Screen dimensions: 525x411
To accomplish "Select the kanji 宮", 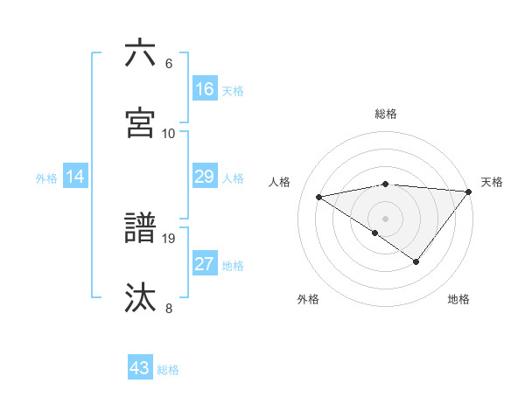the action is click(140, 122).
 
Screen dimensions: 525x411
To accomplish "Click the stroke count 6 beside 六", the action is click(169, 64).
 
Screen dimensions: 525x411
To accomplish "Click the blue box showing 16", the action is click(205, 88).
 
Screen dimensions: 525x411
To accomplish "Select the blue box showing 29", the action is click(205, 177).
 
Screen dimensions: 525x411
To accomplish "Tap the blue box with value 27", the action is click(205, 264).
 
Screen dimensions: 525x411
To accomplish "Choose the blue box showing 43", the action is click(140, 368).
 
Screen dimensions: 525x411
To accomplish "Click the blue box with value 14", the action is click(75, 177).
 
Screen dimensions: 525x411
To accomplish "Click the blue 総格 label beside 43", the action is click(168, 370).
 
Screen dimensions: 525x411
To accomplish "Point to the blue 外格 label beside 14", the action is click(46, 178).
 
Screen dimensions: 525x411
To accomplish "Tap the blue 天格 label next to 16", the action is click(233, 91).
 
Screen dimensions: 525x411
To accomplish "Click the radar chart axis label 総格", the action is click(386, 114).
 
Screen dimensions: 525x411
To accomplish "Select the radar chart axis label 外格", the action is click(308, 300).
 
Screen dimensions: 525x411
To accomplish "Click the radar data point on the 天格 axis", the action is click(470, 192).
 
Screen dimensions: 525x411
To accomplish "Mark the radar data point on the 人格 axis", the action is click(319, 197).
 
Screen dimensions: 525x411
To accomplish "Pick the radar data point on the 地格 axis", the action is click(416, 261).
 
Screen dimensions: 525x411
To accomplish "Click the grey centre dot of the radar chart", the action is click(386, 218).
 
